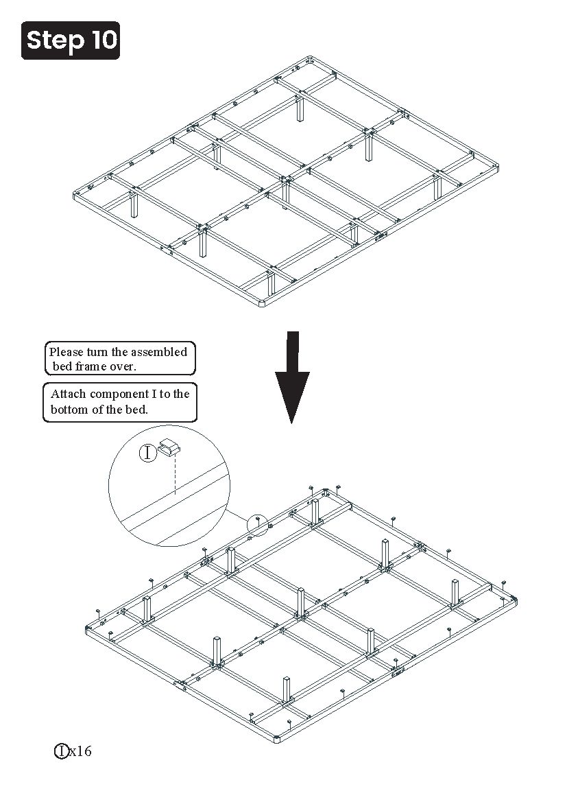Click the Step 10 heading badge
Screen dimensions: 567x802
tap(71, 40)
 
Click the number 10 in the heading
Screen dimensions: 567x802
tap(105, 40)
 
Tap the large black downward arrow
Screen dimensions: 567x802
tap(292, 377)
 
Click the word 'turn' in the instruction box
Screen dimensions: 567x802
tap(97, 352)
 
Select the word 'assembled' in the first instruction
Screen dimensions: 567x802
tap(159, 352)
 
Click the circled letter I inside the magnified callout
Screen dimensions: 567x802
tap(148, 453)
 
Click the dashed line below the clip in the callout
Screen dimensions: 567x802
tap(176, 475)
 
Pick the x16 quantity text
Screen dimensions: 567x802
tap(80, 751)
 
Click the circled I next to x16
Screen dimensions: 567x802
tap(61, 751)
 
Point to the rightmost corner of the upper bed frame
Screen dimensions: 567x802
tap(498, 167)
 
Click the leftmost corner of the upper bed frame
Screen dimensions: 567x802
tap(75, 195)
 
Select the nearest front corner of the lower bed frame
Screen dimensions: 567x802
tap(277, 740)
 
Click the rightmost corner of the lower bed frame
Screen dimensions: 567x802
tap(516, 599)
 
